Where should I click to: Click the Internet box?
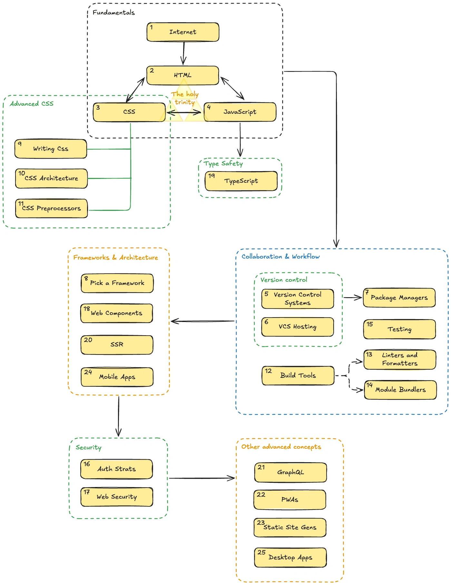tap(183, 32)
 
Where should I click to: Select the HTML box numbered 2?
tap(183, 75)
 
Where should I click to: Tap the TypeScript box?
tap(241, 181)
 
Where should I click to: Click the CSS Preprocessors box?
tap(52, 209)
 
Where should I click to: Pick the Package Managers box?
tap(399, 297)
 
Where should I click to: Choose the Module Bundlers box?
tap(400, 390)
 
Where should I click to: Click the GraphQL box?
tap(290, 473)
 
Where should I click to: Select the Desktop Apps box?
tap(290, 558)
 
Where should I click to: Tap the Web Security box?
tap(117, 497)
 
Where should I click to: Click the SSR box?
tap(117, 345)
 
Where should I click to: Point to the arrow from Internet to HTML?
tap(184, 53)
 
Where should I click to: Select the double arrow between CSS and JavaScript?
tap(184, 113)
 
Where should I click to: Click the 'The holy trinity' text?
tap(185, 98)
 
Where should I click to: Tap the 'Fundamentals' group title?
tap(113, 13)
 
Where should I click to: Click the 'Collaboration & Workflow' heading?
tap(280, 257)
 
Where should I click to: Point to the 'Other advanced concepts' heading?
tap(281, 447)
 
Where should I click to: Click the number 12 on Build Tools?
tap(268, 371)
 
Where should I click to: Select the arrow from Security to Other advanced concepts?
tap(201, 478)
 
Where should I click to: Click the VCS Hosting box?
tap(298, 327)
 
